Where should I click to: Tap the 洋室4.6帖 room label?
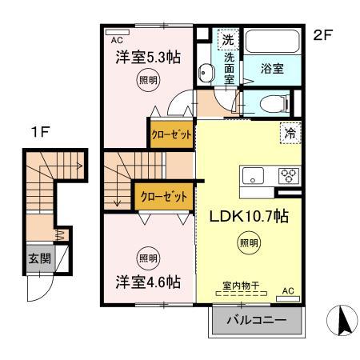tap(148, 282)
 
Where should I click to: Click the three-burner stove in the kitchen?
tap(287, 176)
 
